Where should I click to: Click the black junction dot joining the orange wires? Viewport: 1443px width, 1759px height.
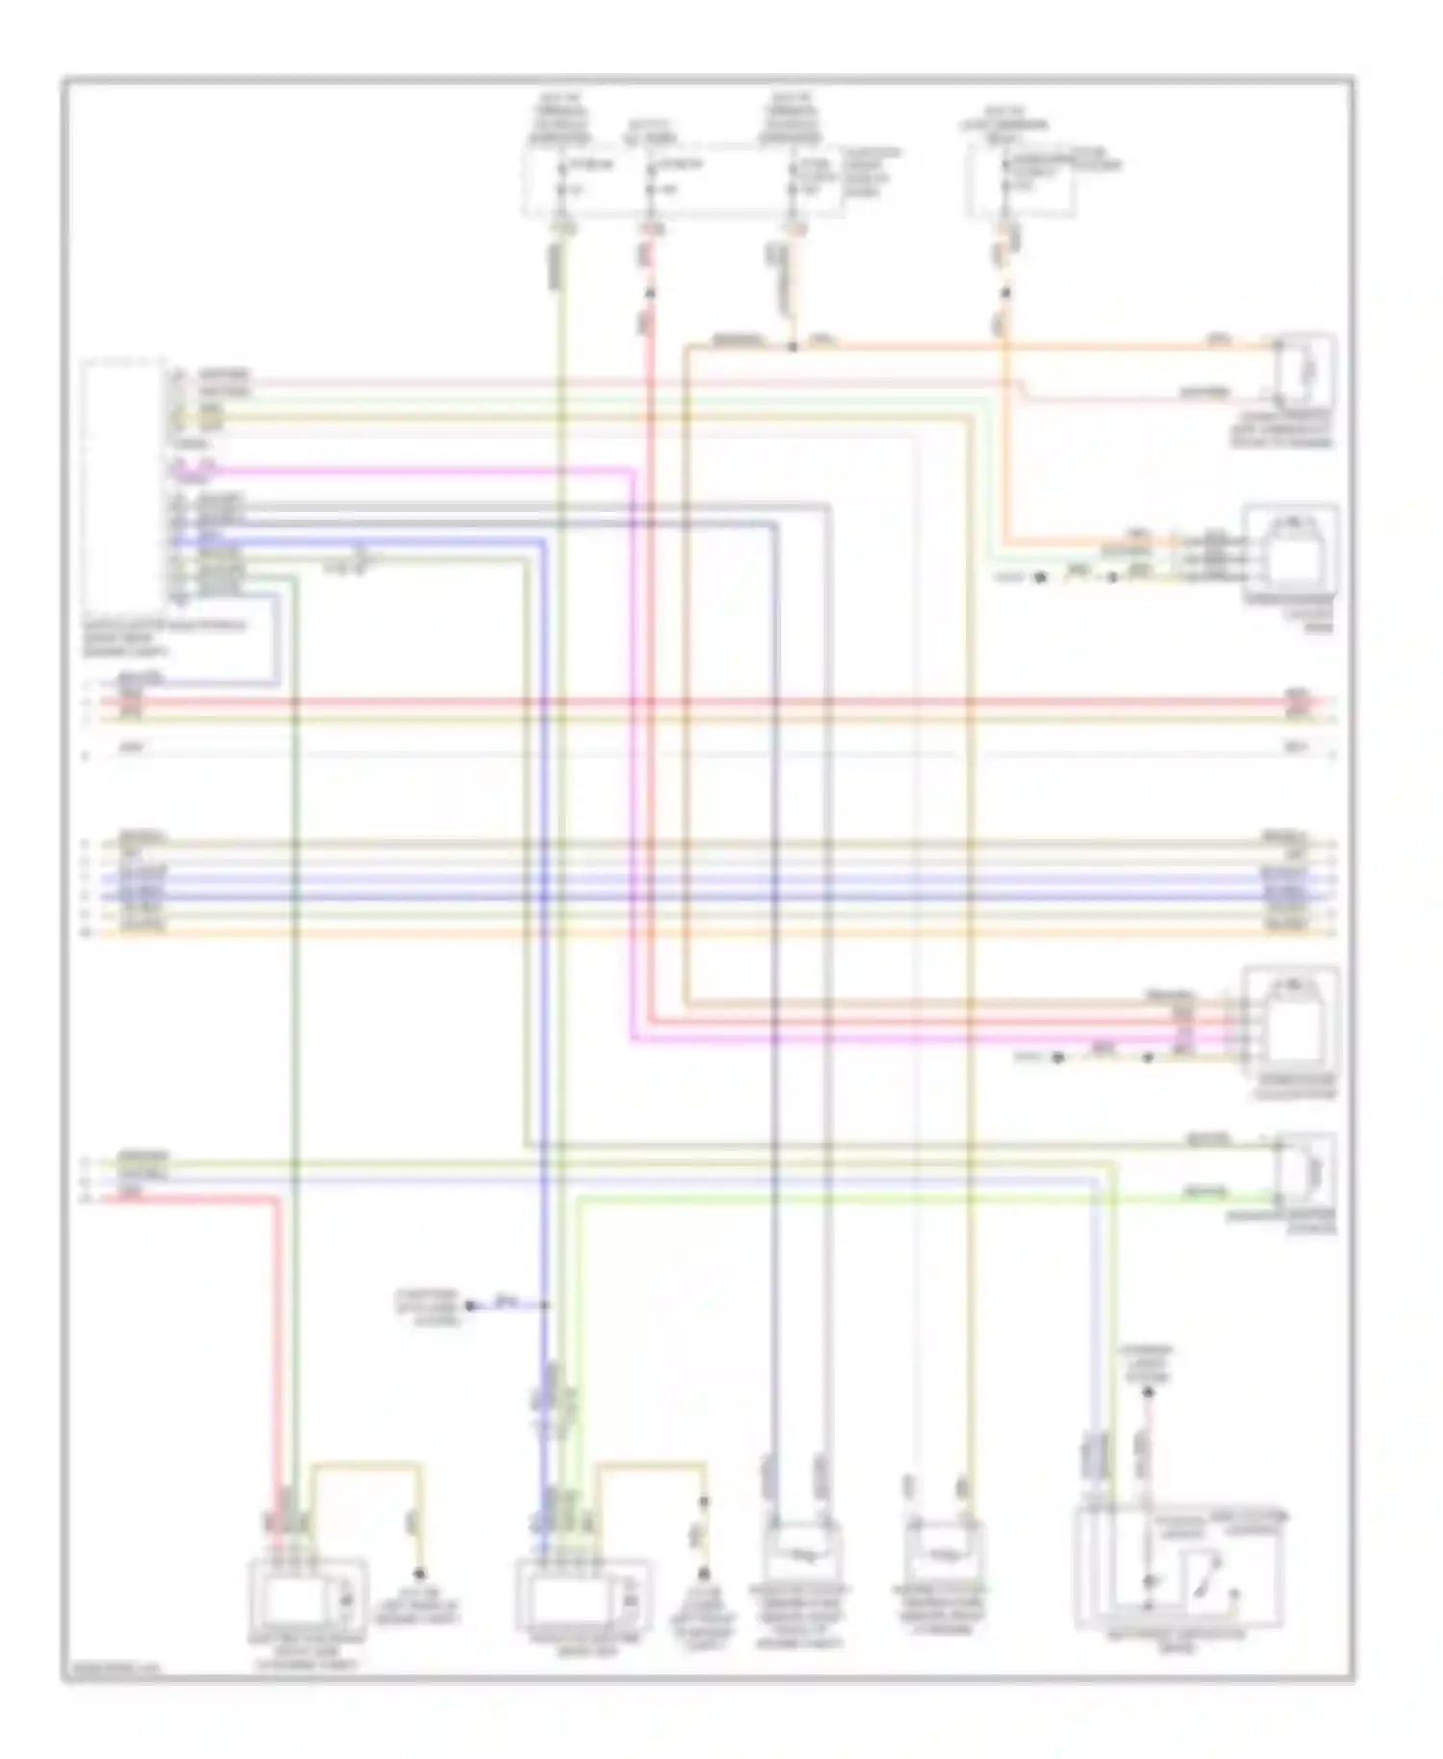coord(792,346)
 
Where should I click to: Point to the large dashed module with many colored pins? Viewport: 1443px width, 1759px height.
coord(125,481)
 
